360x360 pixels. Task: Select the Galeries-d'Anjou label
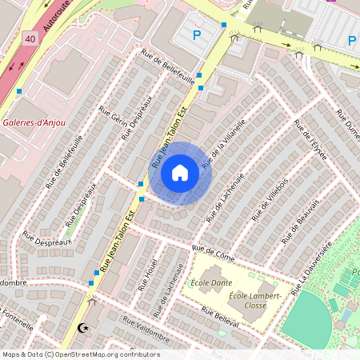34,123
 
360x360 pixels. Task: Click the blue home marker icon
180,173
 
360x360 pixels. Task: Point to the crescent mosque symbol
82,327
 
